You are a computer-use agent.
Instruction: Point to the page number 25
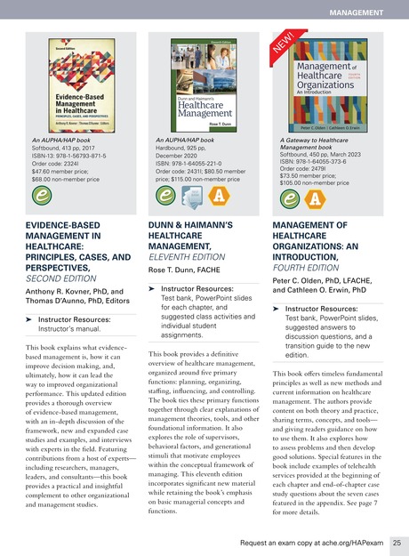tap(396, 541)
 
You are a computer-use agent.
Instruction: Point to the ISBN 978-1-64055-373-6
tap(325, 160)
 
